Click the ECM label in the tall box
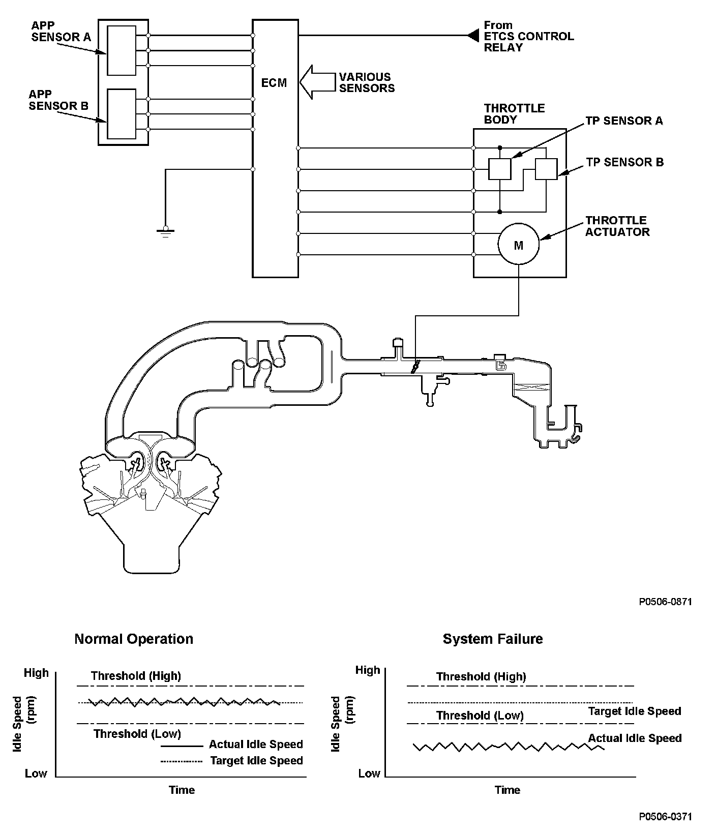pyautogui.click(x=274, y=83)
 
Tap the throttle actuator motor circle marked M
pyautogui.click(x=518, y=246)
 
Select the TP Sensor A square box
pyautogui.click(x=499, y=169)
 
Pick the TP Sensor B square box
pyautogui.click(x=546, y=169)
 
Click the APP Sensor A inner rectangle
pyautogui.click(x=122, y=51)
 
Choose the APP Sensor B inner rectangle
pyautogui.click(x=122, y=114)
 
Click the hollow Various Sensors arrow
pyautogui.click(x=315, y=82)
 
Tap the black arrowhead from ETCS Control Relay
pyautogui.click(x=473, y=36)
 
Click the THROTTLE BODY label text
pyautogui.click(x=514, y=114)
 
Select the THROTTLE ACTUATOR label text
pyautogui.click(x=617, y=226)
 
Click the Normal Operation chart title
pyautogui.click(x=134, y=639)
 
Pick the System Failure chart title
pyautogui.click(x=493, y=639)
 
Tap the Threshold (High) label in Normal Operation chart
pyautogui.click(x=136, y=676)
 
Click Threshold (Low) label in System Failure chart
pyautogui.click(x=480, y=716)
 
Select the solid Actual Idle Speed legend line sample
pyautogui.click(x=182, y=746)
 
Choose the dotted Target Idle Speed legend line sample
pyautogui.click(x=182, y=761)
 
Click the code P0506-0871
pyautogui.click(x=665, y=602)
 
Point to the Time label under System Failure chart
pyautogui.click(x=508, y=790)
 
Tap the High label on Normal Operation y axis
pyautogui.click(x=37, y=673)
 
